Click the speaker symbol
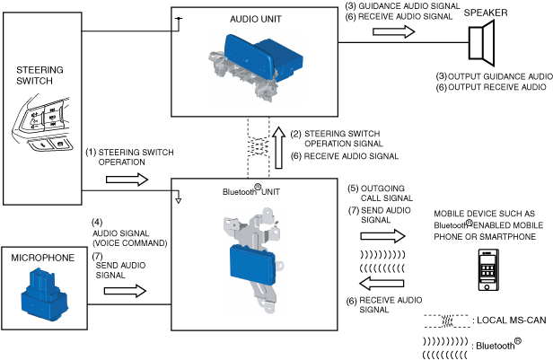(482, 43)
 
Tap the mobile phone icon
(488, 269)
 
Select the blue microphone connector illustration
(45, 294)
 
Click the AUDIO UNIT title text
(256, 19)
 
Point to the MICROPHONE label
(43, 258)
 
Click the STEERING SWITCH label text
(39, 75)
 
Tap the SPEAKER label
(486, 13)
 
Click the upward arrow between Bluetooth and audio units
(279, 147)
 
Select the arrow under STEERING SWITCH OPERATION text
(127, 180)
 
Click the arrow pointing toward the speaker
(393, 31)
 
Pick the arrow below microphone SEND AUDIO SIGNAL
(125, 291)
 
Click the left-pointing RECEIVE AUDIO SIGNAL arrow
(382, 283)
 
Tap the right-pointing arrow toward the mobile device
(382, 236)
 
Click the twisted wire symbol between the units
(259, 147)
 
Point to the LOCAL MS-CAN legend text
(512, 320)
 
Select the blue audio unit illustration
(263, 58)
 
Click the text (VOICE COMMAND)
(130, 243)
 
